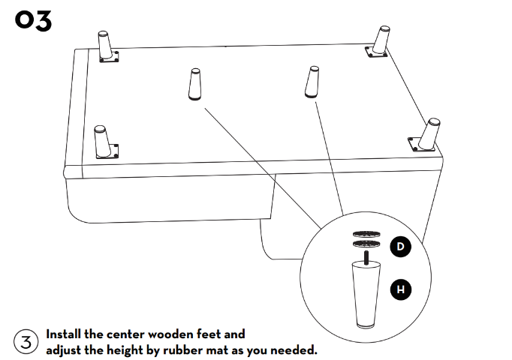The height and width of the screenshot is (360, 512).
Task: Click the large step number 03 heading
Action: tap(33, 21)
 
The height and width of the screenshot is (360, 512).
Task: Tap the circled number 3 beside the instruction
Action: tap(26, 342)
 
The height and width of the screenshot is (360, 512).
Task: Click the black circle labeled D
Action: tap(401, 247)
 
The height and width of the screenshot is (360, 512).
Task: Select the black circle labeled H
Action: tap(401, 289)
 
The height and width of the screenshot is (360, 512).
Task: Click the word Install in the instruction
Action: tap(63, 334)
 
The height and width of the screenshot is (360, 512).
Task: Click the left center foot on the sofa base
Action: tap(195, 84)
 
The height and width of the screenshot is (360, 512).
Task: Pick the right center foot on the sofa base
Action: tap(312, 82)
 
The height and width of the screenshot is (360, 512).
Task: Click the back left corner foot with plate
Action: tap(107, 47)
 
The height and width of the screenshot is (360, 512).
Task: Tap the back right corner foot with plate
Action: tap(379, 42)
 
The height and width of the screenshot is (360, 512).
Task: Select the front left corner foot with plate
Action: tap(104, 142)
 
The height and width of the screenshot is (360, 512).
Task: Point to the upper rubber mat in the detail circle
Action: tap(366, 234)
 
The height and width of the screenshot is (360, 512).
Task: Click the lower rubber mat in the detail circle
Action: tap(366, 243)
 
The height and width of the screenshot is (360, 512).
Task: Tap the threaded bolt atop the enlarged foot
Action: tap(366, 256)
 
